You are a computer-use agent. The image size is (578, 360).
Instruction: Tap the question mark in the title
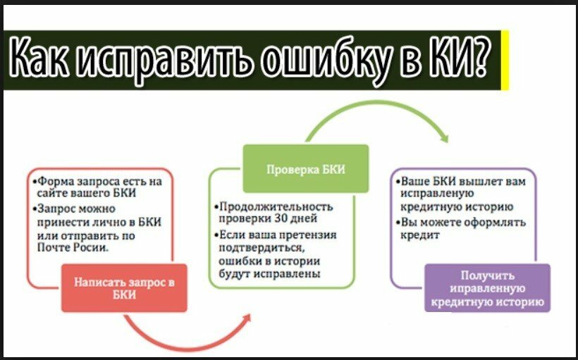(x=479, y=56)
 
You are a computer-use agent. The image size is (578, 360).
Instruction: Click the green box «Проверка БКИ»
(x=306, y=168)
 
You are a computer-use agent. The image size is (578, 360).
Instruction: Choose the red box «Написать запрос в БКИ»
(x=124, y=287)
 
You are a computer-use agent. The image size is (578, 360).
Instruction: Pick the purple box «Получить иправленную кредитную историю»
(x=487, y=288)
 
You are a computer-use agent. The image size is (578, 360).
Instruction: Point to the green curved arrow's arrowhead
(x=444, y=139)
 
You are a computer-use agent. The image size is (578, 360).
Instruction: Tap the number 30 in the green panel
(x=282, y=218)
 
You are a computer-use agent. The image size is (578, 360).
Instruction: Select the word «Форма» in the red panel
(x=54, y=182)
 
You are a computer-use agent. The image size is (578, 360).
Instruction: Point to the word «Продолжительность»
(x=276, y=206)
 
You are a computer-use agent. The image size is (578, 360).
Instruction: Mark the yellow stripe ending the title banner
(x=505, y=60)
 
